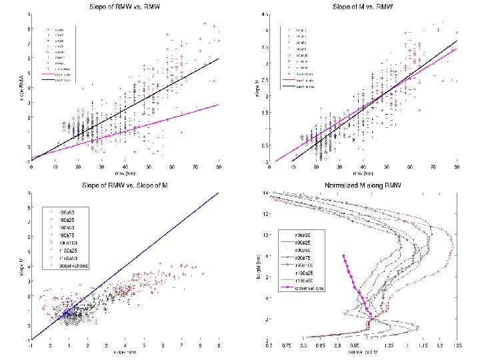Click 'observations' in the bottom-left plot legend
point(74,266)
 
